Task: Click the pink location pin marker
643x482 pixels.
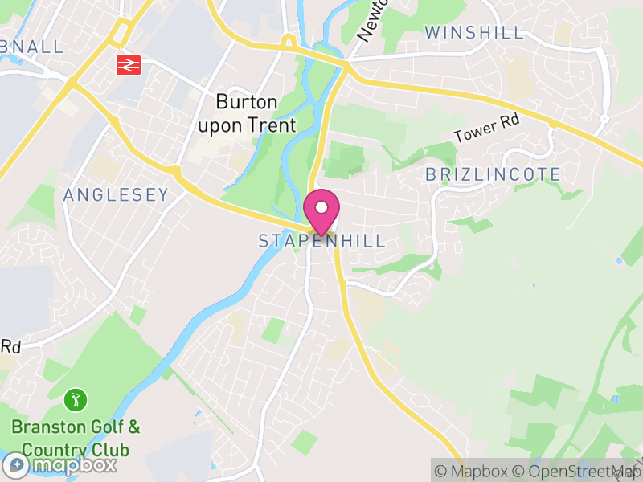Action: tap(321, 211)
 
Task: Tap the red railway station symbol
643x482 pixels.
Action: tap(129, 64)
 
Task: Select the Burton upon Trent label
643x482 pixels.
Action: tap(247, 113)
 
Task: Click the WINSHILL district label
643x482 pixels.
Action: tap(474, 33)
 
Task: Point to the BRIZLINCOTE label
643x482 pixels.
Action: tap(492, 174)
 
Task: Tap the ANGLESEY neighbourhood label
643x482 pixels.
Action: tap(116, 194)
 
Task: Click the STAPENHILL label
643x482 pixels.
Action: tap(321, 241)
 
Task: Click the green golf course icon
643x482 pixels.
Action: tap(76, 398)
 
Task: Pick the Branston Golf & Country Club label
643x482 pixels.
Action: tap(76, 437)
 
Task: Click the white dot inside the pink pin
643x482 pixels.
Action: tap(321, 206)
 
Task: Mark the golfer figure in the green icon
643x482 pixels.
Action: tap(76, 398)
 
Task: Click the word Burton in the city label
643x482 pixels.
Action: tap(246, 102)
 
